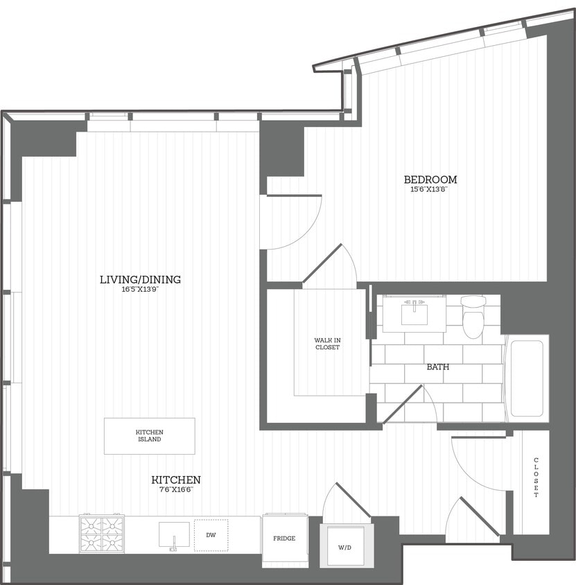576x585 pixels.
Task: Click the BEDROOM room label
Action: point(430,180)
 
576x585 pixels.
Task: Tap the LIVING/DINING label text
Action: point(140,279)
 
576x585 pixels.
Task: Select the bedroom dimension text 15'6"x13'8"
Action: point(430,189)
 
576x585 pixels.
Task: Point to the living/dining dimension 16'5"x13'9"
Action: point(140,289)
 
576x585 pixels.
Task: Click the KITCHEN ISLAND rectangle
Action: point(149,436)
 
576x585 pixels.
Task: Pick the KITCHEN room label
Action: point(176,480)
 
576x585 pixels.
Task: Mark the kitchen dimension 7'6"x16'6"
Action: point(176,489)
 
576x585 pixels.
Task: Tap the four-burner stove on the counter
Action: point(102,533)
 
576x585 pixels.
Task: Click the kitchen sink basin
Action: point(173,534)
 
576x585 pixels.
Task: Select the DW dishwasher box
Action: point(209,534)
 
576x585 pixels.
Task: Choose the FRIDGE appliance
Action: point(284,539)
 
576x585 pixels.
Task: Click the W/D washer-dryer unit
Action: point(346,546)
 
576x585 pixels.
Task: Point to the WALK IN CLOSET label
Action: point(327,344)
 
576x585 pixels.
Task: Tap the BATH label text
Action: point(437,366)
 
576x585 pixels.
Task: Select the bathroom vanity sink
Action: point(414,313)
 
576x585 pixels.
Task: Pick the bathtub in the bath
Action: point(526,378)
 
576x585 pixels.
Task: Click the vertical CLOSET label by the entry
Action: point(536,478)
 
